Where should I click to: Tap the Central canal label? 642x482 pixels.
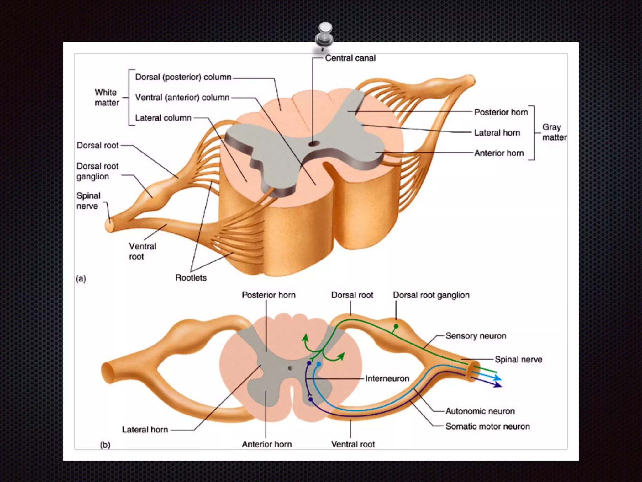pos(350,58)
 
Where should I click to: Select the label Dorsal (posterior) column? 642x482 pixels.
pos(183,77)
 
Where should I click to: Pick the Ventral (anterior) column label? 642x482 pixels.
pos(182,98)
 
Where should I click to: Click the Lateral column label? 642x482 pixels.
pos(163,118)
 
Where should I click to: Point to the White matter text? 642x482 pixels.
pos(107,98)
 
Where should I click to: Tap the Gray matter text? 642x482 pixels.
pos(554,132)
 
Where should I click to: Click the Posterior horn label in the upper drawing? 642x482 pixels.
pos(501,112)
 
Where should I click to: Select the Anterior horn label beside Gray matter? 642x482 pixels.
pos(499,153)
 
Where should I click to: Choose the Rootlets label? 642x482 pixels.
pos(191,278)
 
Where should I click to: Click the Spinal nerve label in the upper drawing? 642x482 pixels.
pos(88,201)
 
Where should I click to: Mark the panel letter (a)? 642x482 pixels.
pos(81,279)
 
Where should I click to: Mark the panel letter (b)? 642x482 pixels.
pos(105,445)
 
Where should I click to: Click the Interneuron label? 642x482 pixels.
pos(387,378)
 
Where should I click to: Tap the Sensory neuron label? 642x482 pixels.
pos(476,336)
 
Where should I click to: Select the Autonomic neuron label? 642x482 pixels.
pos(480,411)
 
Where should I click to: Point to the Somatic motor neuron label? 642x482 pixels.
pos(487,426)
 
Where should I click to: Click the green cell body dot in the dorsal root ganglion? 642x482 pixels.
pos(396,327)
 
